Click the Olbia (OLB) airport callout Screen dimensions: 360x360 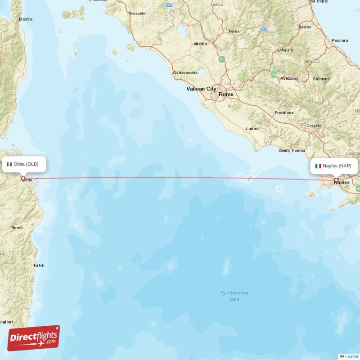(25, 164)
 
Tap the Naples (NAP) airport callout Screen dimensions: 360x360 (334, 166)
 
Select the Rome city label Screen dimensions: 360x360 (226, 94)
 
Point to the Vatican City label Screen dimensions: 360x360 (201, 89)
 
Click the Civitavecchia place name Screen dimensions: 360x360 (185, 72)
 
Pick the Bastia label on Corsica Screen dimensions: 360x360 (26, 19)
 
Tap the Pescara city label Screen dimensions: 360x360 (339, 40)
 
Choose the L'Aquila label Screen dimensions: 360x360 (285, 50)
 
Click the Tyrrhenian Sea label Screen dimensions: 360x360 (234, 296)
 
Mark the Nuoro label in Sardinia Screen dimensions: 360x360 (17, 228)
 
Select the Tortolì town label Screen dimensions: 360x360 (39, 265)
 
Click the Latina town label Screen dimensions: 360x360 (252, 129)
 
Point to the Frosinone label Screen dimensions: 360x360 (284, 113)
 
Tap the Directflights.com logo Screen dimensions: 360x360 (34, 337)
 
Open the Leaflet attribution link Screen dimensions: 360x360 (351, 356)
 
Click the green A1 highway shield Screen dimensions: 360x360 (221, 59)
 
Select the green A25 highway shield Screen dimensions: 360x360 (274, 74)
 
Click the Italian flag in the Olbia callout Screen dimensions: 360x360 (9, 164)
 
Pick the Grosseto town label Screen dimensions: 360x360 (137, 13)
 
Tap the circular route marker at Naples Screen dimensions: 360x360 (336, 180)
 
